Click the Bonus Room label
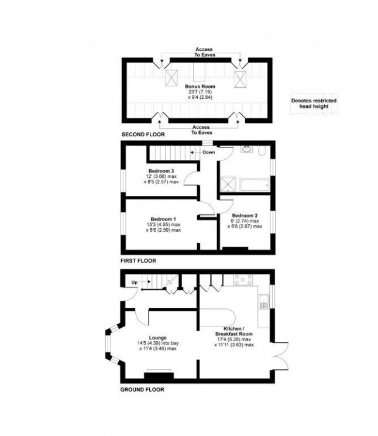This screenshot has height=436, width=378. [x=196, y=86]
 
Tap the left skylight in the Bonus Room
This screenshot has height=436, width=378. [x=173, y=78]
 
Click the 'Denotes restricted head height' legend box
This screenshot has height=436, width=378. [x=314, y=104]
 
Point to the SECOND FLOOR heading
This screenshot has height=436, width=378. [x=143, y=135]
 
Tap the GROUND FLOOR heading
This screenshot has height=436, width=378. [x=142, y=389]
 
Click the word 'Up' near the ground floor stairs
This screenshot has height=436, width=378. [x=134, y=282]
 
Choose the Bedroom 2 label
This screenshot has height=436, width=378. [x=245, y=215]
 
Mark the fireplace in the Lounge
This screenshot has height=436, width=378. [x=159, y=373]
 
